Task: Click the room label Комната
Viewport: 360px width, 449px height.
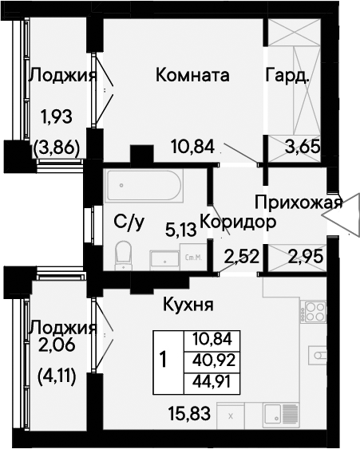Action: point(192,75)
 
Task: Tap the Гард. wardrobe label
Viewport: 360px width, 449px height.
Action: point(287,76)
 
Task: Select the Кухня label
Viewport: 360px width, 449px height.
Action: point(188,305)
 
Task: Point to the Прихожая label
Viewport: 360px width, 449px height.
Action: point(299,203)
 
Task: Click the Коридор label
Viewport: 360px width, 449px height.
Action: point(238,223)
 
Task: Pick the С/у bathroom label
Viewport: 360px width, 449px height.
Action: point(129,223)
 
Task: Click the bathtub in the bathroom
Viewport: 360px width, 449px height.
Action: point(144,185)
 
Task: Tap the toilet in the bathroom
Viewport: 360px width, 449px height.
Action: point(123,256)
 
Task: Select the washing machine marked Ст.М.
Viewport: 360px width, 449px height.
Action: point(193,257)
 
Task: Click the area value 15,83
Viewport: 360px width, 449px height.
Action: point(190,414)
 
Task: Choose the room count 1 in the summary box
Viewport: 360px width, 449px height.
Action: point(164,360)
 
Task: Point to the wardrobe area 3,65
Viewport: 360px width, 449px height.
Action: point(303,148)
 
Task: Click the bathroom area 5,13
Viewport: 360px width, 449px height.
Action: point(181,230)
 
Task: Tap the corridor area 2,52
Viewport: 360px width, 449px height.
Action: point(242,256)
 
